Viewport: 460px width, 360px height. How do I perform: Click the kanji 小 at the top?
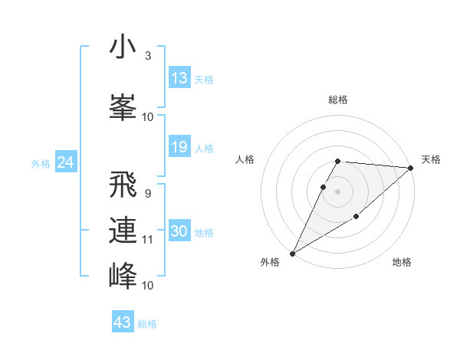pyautogui.click(x=123, y=47)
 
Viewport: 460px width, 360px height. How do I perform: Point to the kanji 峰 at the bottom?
pyautogui.click(x=123, y=275)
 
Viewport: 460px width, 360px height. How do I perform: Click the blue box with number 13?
pyautogui.click(x=179, y=78)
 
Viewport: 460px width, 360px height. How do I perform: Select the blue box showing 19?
pyautogui.click(x=179, y=147)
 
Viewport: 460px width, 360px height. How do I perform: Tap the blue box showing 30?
pyautogui.click(x=179, y=231)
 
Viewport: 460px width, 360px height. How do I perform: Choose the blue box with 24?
pyautogui.click(x=66, y=162)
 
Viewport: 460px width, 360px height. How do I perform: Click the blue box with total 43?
pyautogui.click(x=123, y=322)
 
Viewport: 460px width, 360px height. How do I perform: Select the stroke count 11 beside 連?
pyautogui.click(x=148, y=240)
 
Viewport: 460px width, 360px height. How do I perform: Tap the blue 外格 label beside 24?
pyautogui.click(x=40, y=163)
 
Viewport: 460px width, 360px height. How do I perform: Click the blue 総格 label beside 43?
pyautogui.click(x=147, y=324)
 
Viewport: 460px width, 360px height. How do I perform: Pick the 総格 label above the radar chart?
pyautogui.click(x=338, y=100)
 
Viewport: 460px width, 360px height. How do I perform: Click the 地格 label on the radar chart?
pyautogui.click(x=402, y=263)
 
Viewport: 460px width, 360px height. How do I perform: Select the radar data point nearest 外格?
pyautogui.click(x=292, y=253)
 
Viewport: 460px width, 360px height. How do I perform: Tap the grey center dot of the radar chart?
pyautogui.click(x=338, y=191)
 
